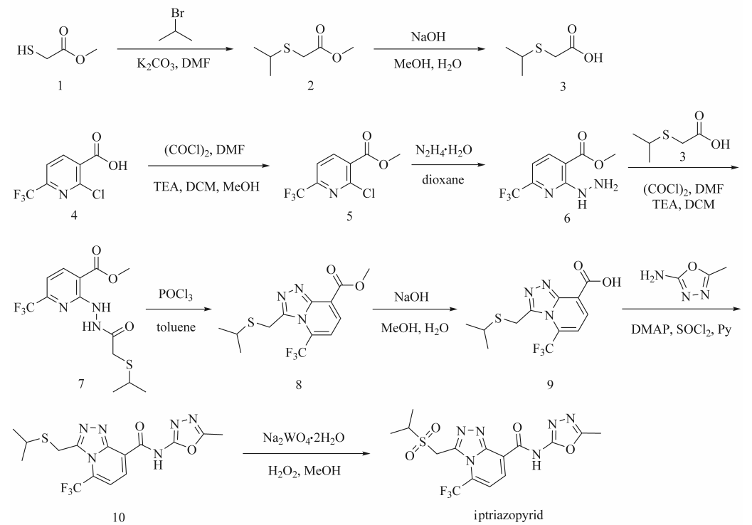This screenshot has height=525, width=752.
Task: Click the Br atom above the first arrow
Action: [177, 13]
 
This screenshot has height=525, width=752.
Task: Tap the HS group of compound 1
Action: [26, 50]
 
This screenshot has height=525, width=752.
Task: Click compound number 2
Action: [311, 85]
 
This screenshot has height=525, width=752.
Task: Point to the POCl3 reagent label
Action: [176, 294]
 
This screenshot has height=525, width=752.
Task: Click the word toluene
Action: [176, 327]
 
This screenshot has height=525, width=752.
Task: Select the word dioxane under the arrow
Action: [443, 180]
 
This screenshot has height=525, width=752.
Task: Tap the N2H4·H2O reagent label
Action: [444, 151]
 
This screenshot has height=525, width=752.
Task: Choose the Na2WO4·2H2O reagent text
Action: [304, 438]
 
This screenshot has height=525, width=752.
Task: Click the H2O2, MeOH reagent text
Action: [304, 472]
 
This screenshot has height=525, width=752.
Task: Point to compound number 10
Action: [119, 517]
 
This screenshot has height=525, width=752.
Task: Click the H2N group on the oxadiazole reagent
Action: [652, 276]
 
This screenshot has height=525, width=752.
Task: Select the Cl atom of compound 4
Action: [98, 194]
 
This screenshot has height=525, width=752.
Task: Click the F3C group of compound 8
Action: [296, 354]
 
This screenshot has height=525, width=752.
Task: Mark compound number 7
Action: [80, 383]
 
